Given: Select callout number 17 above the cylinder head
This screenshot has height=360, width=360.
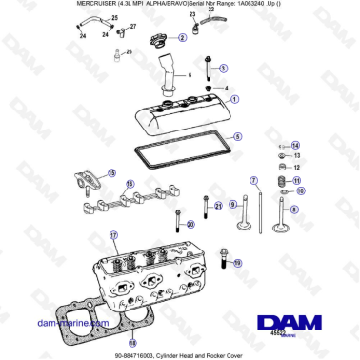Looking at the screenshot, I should [112, 234].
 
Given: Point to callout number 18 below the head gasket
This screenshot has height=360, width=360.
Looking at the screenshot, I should [131, 342].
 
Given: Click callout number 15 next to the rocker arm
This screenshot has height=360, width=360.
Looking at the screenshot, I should [111, 173].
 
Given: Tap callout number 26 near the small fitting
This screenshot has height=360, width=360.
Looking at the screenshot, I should [130, 52].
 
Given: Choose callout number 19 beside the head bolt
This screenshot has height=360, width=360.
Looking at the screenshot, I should [237, 262].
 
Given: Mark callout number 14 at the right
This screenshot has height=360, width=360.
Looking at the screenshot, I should [295, 144].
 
